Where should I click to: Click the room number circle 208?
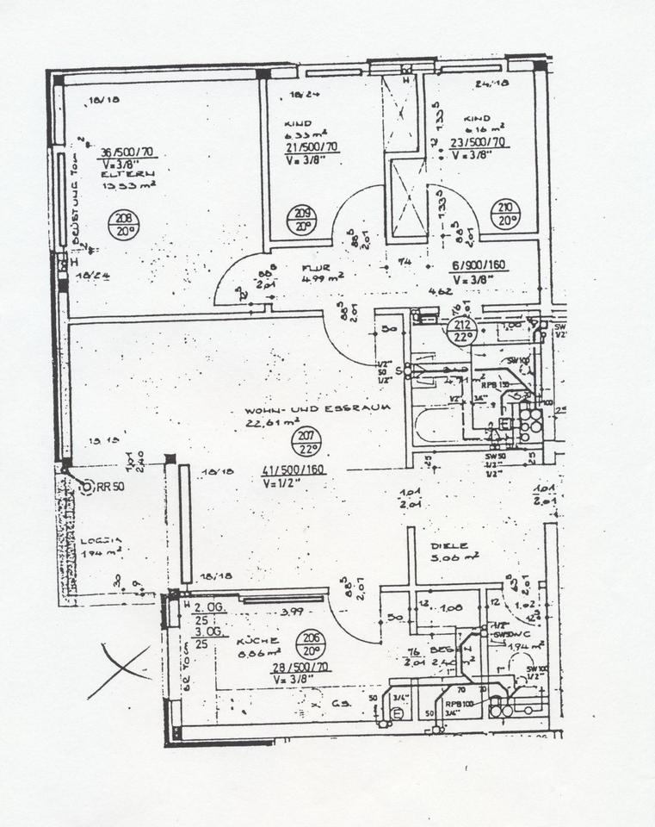[124, 225]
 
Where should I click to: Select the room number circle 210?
[504, 211]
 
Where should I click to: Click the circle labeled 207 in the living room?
[309, 442]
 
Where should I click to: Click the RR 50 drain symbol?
[86, 488]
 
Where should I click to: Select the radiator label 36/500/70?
[127, 152]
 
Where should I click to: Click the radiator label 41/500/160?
[294, 470]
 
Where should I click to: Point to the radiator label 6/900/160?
[478, 266]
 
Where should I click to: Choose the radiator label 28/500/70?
[300, 668]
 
